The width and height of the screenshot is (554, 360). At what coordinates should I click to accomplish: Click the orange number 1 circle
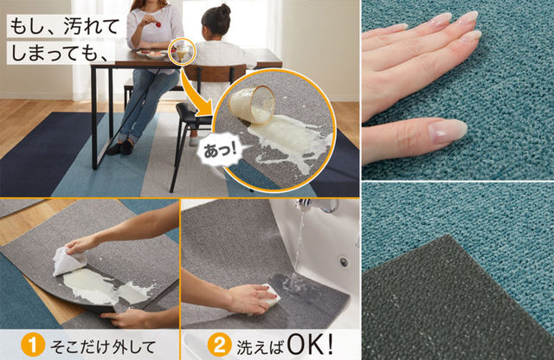[33, 344]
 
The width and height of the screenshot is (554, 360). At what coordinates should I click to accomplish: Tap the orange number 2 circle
[219, 344]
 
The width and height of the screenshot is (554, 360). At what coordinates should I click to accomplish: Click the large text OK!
[310, 344]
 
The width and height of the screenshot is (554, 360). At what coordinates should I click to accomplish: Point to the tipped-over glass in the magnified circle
[252, 104]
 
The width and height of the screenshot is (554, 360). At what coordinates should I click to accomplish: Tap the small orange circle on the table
[181, 52]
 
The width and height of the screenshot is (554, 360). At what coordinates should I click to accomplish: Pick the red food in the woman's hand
[158, 24]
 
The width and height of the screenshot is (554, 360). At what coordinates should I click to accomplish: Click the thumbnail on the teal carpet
[448, 131]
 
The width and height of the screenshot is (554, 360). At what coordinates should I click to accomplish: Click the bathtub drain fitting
[343, 262]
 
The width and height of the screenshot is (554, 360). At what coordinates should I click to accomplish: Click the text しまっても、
[59, 52]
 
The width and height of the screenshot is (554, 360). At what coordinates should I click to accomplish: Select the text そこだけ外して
[103, 346]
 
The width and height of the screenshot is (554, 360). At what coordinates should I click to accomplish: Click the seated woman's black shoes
[120, 148]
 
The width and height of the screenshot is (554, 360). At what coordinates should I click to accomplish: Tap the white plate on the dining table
[156, 55]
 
